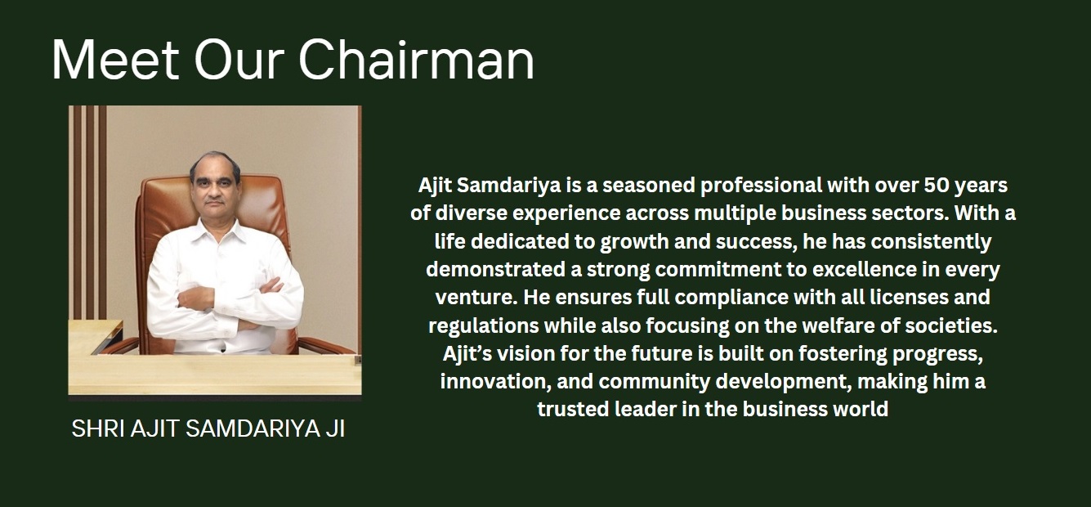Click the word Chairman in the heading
(417, 60)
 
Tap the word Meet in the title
(115, 60)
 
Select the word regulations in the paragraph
(483, 326)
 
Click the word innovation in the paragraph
(496, 382)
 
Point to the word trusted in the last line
(573, 410)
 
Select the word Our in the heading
(239, 60)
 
